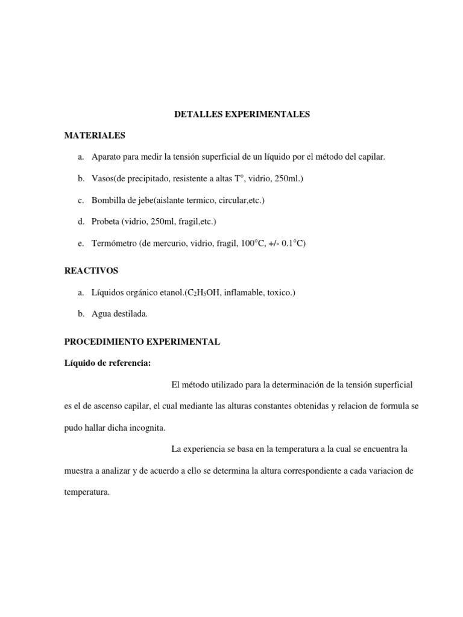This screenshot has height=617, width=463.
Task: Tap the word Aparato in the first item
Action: point(106,157)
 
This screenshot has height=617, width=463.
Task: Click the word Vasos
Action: point(103,179)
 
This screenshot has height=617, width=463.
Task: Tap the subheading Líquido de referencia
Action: point(107,363)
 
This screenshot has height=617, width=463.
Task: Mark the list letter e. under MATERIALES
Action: point(81,243)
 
